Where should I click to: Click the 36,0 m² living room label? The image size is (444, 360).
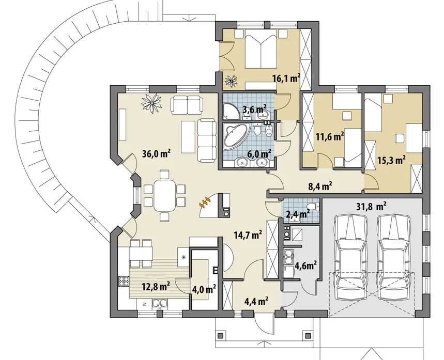pos(156,154)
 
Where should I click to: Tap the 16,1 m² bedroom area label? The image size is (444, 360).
pos(286,78)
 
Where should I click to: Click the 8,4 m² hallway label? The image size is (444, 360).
pos(320,186)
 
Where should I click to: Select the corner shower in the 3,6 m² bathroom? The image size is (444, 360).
pos(230,111)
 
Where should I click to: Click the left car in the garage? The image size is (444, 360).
pos(350,257)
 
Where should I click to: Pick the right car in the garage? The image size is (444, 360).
pos(394,257)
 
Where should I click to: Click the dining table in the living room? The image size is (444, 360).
pos(164,196)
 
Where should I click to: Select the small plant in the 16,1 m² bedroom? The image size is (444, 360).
pos(232,81)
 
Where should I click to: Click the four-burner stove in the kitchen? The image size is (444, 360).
pos(124,281)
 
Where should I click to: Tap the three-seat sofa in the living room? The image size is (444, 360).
pos(207,140)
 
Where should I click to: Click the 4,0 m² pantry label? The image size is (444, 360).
pos(204,289)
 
